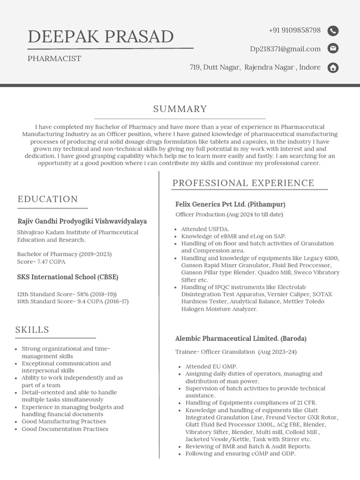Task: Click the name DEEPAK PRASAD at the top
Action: (101, 37)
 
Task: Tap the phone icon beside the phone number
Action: (333, 31)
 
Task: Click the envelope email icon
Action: (333, 49)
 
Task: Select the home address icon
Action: (333, 67)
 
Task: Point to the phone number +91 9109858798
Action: (294, 30)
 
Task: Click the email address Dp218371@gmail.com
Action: (285, 49)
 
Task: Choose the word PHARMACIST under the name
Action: (54, 59)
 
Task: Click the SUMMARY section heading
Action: (180, 109)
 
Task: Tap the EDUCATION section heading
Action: (48, 199)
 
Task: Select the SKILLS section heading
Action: (32, 330)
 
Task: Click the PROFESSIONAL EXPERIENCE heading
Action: (243, 183)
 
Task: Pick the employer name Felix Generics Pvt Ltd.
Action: (230, 204)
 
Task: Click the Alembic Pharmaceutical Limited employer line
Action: (240, 338)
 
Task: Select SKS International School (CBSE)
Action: (67, 277)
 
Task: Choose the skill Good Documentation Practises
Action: (65, 429)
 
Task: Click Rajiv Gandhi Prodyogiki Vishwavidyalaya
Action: (82, 221)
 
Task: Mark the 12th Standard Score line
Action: (67, 294)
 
